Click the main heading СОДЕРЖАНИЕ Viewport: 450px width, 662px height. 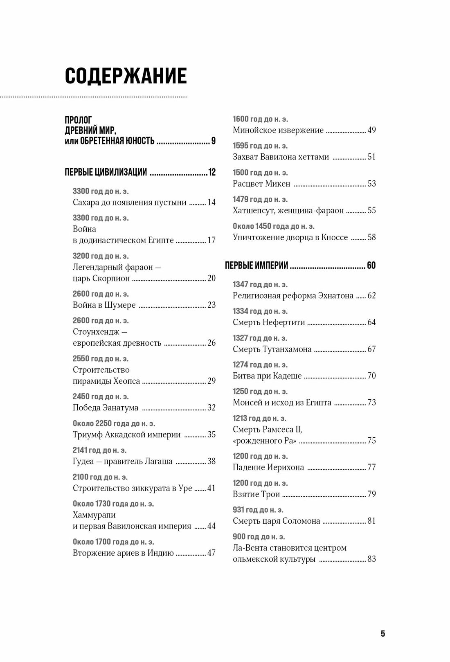coord(126,76)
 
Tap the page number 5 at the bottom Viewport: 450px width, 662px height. coord(382,634)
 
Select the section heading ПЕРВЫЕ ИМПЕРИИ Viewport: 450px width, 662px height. coord(256,266)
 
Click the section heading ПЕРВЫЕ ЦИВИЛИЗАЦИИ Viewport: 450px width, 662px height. coord(106,172)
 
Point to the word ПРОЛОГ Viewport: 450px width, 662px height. coord(79,120)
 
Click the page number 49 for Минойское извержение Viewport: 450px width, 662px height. coord(371,130)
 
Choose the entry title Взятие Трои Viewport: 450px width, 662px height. coord(256,494)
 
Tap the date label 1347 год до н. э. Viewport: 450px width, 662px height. coord(260,284)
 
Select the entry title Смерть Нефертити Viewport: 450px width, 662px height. coord(269,322)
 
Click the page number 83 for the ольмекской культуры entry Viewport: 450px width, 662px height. coord(371,559)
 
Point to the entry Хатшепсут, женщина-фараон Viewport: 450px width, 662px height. coord(288,211)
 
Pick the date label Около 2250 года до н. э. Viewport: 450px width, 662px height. coord(114,423)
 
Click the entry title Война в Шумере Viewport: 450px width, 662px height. coord(104,305)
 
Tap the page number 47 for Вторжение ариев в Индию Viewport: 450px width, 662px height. coord(211,553)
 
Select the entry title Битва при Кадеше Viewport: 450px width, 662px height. coord(267,376)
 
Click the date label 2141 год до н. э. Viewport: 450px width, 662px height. coord(99,450)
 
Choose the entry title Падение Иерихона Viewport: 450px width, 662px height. coord(268,468)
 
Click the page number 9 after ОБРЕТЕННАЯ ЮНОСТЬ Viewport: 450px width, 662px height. coord(213,141)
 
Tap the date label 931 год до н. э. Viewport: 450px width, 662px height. coord(258,510)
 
